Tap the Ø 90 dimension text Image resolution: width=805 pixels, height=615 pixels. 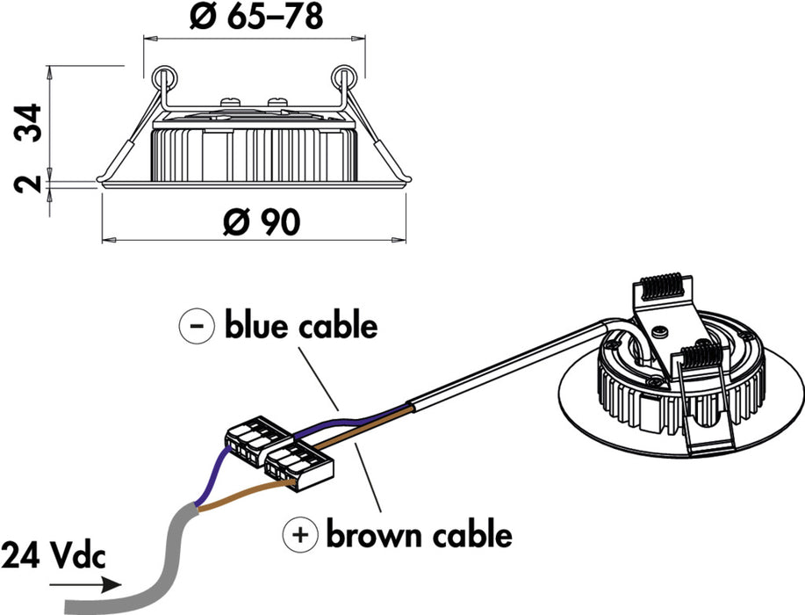point(261,223)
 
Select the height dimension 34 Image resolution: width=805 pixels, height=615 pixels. point(28,122)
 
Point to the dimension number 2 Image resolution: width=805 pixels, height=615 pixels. point(28,185)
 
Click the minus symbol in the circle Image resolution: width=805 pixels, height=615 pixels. point(197,326)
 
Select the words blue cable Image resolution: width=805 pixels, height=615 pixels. point(301,326)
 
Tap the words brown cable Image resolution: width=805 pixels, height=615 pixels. point(419,533)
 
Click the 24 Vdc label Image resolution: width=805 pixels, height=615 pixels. point(52,555)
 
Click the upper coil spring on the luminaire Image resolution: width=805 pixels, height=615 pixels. point(667,286)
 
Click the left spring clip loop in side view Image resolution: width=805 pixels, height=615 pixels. point(163,77)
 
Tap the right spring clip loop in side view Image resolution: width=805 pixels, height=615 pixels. point(344,77)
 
